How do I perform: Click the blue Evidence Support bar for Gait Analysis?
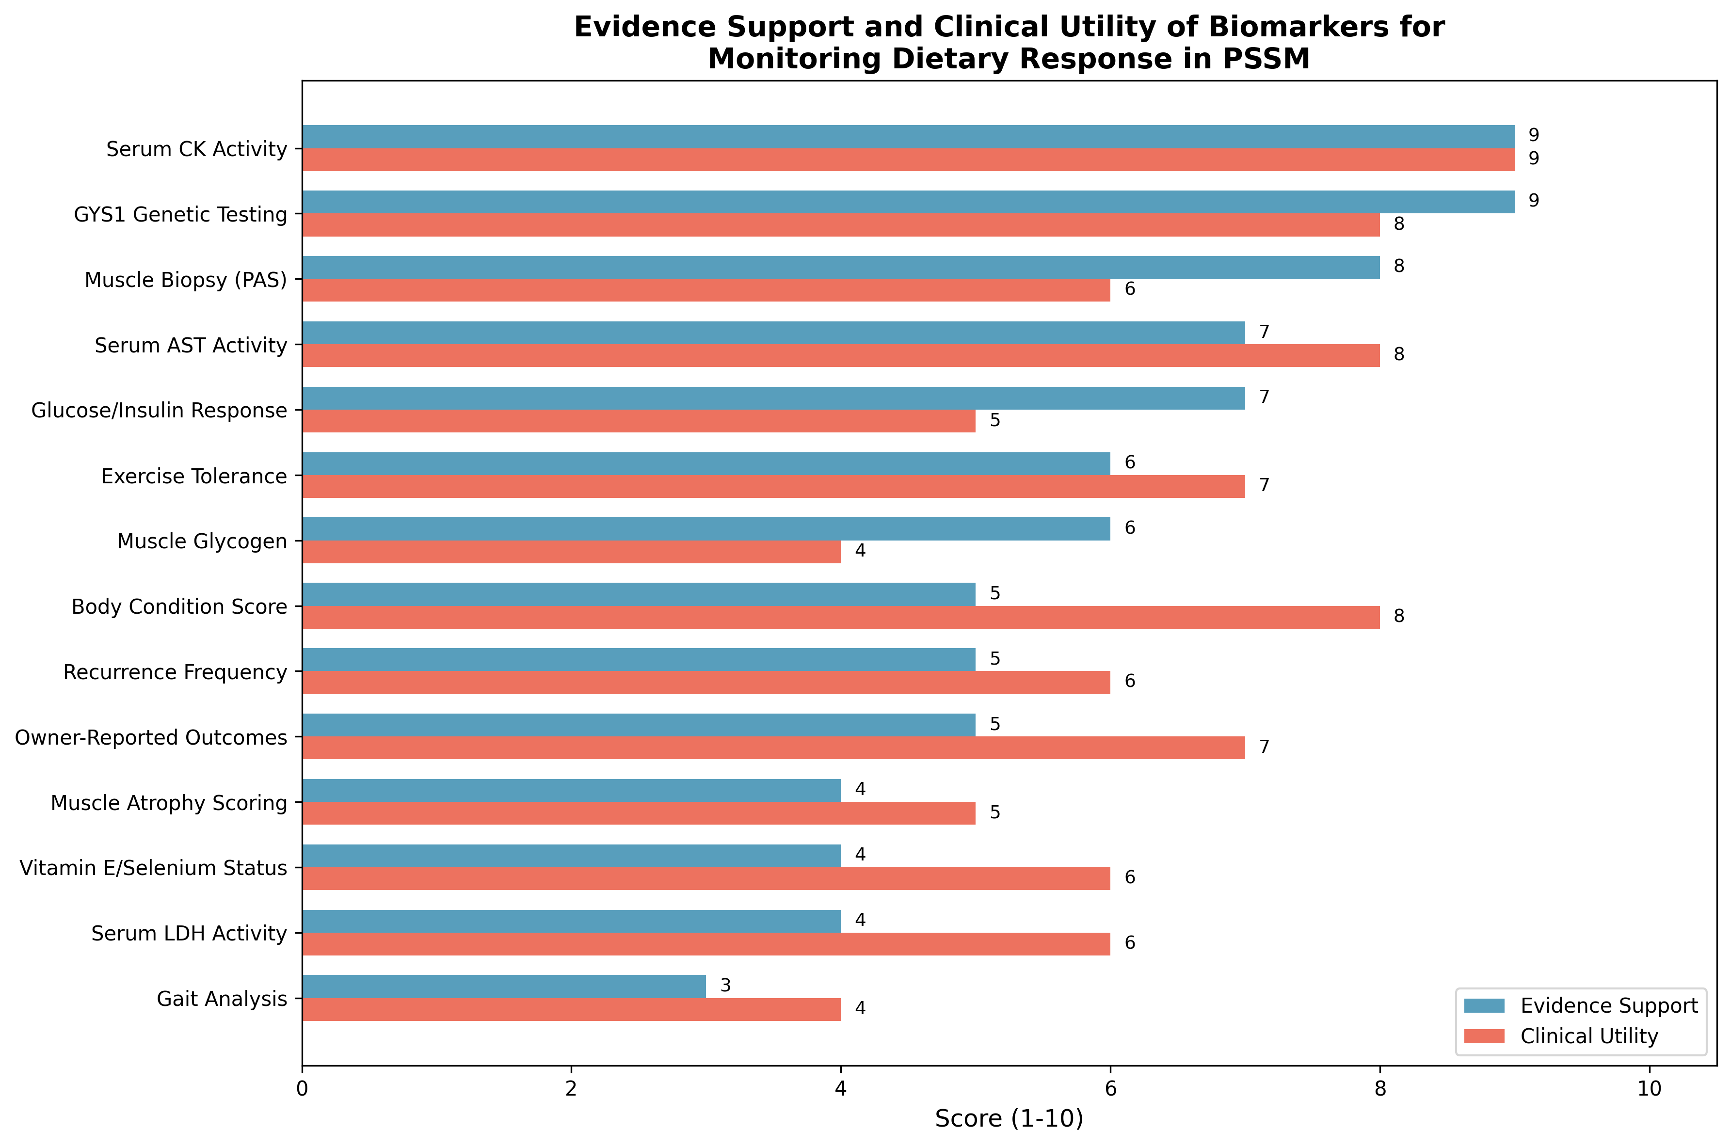click(504, 986)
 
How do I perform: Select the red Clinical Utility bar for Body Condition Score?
click(841, 617)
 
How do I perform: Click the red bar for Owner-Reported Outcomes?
click(773, 748)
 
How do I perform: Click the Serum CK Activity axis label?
click(197, 149)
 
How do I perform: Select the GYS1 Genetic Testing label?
click(180, 215)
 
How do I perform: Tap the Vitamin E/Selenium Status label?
click(154, 868)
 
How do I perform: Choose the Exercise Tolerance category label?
click(194, 477)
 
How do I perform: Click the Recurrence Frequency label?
click(176, 672)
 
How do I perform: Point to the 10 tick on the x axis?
click(1649, 1089)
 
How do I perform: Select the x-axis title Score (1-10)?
click(1009, 1119)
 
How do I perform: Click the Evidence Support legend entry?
click(1608, 1006)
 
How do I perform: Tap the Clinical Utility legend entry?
click(1588, 1036)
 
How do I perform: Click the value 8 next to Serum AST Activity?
click(1398, 354)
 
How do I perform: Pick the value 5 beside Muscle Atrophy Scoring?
click(994, 813)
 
